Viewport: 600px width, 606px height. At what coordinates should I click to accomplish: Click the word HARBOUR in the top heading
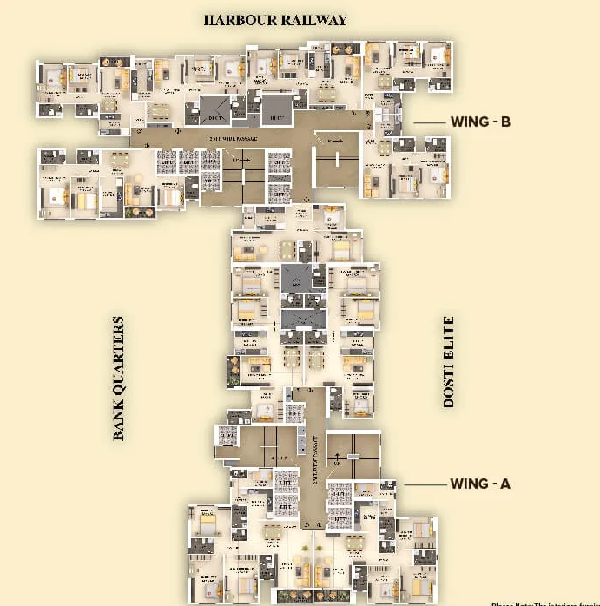pyautogui.click(x=239, y=19)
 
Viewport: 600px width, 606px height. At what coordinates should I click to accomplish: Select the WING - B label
pyautogui.click(x=480, y=122)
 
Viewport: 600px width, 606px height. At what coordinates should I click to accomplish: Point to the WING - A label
pyautogui.click(x=480, y=484)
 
